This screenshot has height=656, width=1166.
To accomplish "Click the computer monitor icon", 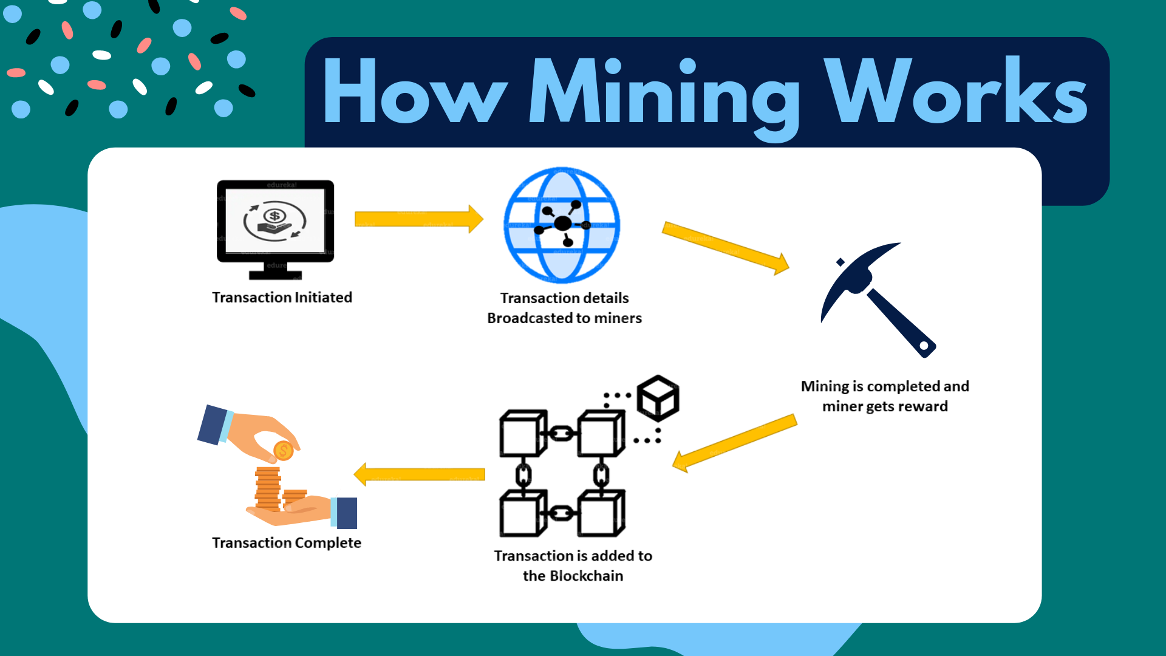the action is (x=275, y=228).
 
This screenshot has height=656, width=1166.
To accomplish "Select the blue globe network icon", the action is (x=562, y=225).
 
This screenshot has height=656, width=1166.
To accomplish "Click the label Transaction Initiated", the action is (x=282, y=298).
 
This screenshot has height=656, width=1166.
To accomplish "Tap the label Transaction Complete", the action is (x=286, y=543).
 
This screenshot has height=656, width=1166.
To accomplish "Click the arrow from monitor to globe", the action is (x=418, y=219).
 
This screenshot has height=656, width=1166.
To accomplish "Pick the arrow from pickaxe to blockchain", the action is (x=734, y=443).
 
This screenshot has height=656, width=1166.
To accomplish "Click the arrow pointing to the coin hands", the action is (x=419, y=474).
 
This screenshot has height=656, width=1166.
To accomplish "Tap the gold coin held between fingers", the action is (x=283, y=451).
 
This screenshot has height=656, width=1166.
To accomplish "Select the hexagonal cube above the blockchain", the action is (x=658, y=398).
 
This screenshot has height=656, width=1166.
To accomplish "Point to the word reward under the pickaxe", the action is (x=922, y=406).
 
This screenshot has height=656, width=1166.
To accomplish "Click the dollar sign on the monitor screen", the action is (x=274, y=216).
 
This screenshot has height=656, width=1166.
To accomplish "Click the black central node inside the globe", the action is (x=563, y=224).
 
